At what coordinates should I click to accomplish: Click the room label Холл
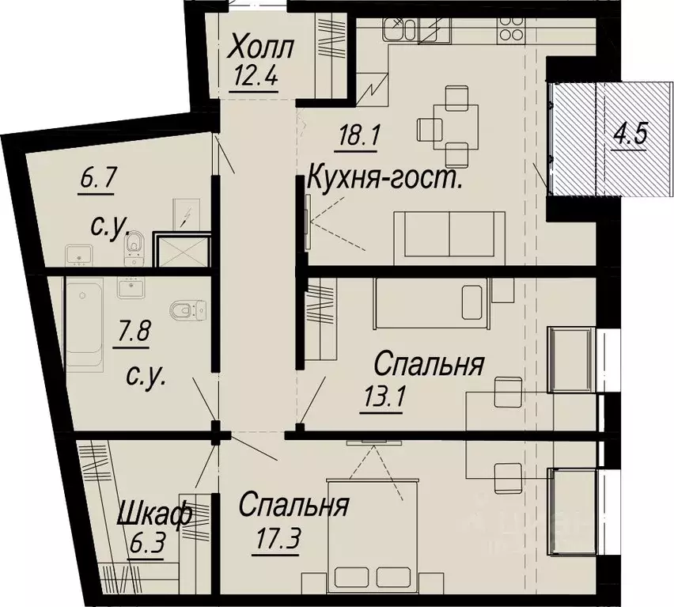click(x=260, y=47)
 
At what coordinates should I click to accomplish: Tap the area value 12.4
click(x=254, y=78)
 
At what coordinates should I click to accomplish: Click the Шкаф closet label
click(x=154, y=517)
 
